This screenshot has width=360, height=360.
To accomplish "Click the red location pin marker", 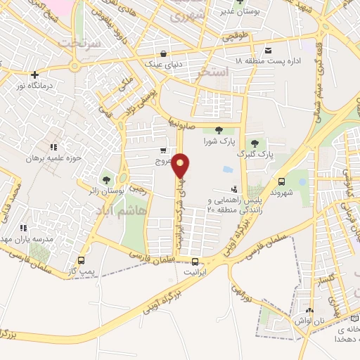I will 181,166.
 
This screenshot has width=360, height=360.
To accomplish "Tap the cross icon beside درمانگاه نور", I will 34,74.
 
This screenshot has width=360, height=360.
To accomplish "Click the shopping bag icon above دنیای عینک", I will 163,53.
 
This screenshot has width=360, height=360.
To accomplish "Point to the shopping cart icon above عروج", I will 163,150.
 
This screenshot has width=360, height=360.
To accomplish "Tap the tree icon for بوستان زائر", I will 107,179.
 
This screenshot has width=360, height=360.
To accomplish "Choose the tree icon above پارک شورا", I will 218,129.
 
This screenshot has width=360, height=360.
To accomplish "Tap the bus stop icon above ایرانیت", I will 195,258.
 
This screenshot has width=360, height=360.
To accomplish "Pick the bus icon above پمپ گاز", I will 82,260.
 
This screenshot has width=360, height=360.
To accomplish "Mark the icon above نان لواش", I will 310,311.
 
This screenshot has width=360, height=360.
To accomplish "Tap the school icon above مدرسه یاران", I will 23,228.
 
